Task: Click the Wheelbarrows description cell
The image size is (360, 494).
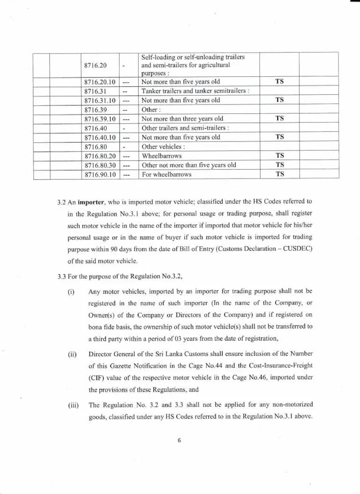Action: pyautogui.click(x=162, y=156)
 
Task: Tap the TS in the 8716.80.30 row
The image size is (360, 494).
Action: pyautogui.click(x=280, y=165)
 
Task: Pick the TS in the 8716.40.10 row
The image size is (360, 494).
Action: pyautogui.click(x=280, y=137)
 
